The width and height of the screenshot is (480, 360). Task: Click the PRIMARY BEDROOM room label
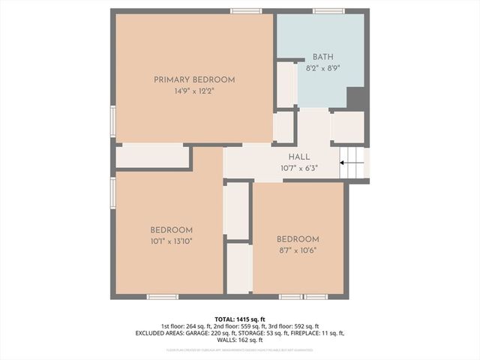click(x=194, y=79)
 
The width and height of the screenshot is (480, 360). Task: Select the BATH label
click(x=322, y=56)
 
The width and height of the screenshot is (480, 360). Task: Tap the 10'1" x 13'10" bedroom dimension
click(x=171, y=241)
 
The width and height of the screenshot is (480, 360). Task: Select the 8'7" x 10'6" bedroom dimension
click(x=297, y=250)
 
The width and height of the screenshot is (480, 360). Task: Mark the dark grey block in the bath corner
click(x=356, y=98)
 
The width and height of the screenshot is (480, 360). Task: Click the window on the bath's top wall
click(x=323, y=10)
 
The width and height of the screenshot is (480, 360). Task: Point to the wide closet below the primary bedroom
click(x=152, y=156)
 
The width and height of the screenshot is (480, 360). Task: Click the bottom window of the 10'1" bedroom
click(x=163, y=297)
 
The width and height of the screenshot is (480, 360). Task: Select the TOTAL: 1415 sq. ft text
click(x=240, y=319)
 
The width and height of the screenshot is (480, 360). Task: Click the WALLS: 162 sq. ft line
click(x=240, y=340)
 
